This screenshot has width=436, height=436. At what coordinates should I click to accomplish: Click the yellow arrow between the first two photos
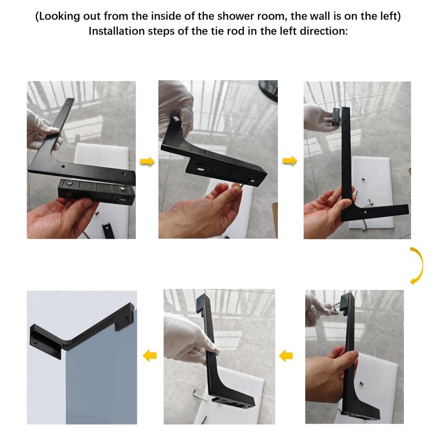[x=147, y=161]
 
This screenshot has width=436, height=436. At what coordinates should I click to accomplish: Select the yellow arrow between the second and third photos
[x=290, y=161]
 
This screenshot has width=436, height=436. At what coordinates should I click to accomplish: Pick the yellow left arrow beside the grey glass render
[x=149, y=356]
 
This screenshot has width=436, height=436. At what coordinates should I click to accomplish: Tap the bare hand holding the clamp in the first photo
[x=60, y=215]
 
